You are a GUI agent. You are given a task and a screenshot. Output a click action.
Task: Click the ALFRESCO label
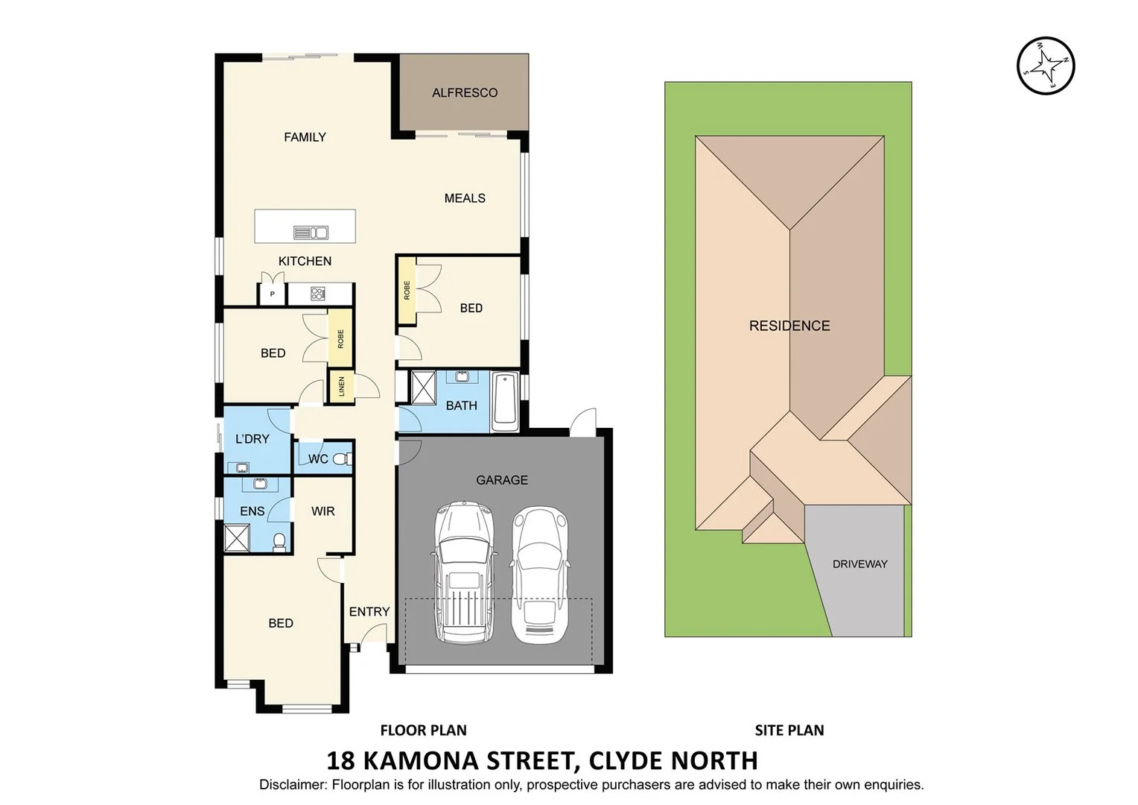(x=465, y=92)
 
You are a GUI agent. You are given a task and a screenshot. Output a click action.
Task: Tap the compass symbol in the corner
(x=1046, y=66)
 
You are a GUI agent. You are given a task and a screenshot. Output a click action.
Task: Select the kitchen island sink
(x=311, y=233)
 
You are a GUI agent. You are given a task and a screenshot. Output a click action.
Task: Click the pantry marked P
(x=272, y=294)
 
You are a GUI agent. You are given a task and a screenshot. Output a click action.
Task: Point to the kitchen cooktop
(x=318, y=294)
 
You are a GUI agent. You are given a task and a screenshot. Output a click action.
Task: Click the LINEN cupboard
(x=341, y=386)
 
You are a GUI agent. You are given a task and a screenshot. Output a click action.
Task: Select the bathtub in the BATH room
(x=505, y=401)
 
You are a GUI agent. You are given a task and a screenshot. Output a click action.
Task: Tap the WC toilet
(x=343, y=458)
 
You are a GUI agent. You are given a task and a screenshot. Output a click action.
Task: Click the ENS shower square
(x=237, y=538)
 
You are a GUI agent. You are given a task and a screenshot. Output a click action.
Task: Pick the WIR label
(x=322, y=511)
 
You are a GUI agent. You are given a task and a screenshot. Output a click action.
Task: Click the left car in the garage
(x=464, y=572)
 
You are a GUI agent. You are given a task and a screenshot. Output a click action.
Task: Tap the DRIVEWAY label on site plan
(x=859, y=564)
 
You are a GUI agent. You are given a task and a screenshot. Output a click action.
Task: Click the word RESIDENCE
(x=789, y=326)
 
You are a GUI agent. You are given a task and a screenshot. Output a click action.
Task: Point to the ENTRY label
(x=369, y=611)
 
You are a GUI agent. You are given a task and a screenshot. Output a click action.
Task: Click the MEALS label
(x=464, y=198)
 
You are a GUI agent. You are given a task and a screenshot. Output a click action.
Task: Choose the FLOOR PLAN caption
(x=423, y=730)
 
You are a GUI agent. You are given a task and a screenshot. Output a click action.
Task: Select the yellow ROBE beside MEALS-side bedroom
(x=407, y=291)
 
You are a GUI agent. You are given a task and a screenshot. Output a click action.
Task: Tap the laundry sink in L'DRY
(x=242, y=467)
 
